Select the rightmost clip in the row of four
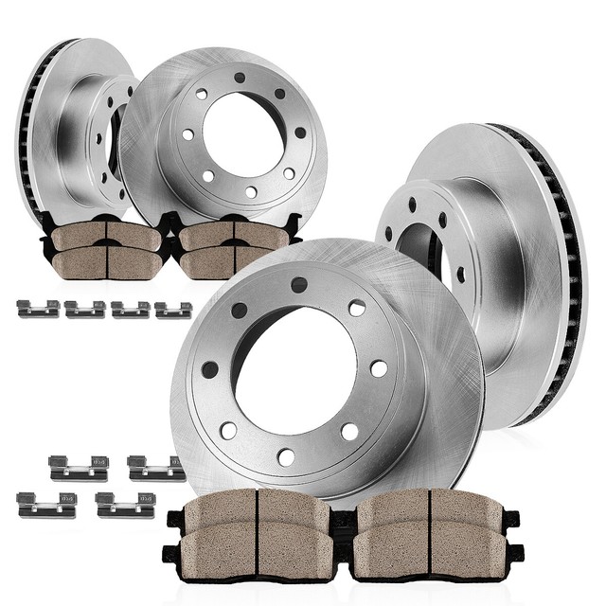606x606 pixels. tap(173, 309)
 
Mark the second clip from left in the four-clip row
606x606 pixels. tap(84, 309)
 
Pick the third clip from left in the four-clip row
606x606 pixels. tap(130, 309)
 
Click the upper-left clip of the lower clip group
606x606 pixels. tap(80, 468)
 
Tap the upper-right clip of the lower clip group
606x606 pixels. tap(156, 467)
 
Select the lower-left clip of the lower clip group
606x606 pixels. tap(46, 504)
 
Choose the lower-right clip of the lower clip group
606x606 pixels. tap(124, 504)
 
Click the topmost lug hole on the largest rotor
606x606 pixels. tap(299, 284)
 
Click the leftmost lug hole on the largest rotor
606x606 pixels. tap(209, 369)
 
